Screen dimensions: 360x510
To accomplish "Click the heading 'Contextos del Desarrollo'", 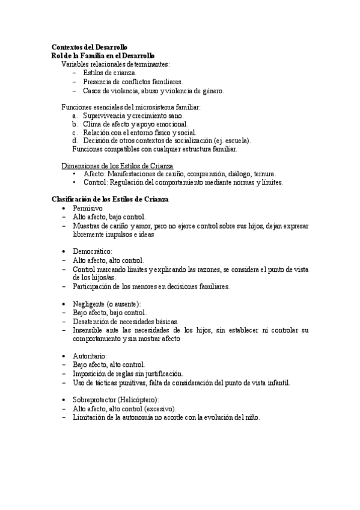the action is [x=89, y=47].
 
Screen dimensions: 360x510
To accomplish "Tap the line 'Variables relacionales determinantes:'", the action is [x=115, y=64].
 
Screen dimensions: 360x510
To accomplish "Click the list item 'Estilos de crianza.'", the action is [x=111, y=73].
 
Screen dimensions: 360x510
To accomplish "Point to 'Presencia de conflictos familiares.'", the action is [x=133, y=82].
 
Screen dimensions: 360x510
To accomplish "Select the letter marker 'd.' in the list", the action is [x=75, y=141].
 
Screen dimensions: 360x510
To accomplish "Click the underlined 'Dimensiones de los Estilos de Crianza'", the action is [x=118, y=165].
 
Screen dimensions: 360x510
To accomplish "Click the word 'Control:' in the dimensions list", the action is [x=96, y=182].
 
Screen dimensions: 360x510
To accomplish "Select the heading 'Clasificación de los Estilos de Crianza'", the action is [x=110, y=198].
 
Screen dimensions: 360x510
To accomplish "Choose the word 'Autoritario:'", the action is [x=91, y=355].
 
